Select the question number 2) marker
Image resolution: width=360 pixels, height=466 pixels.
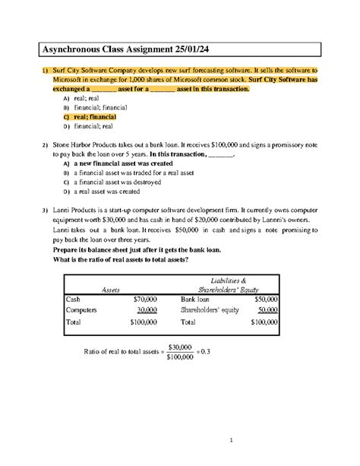pos(45,144)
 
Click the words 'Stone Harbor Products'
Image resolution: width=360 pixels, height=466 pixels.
pos(87,144)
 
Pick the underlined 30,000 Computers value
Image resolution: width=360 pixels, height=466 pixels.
pos(147,309)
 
